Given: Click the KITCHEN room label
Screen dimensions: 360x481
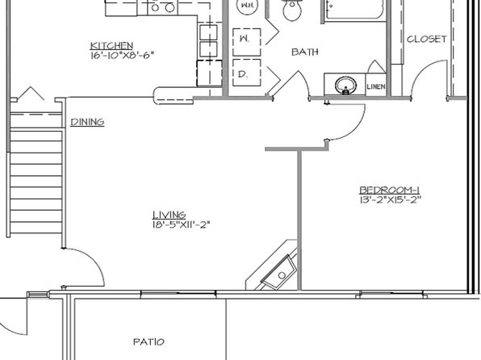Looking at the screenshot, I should click(x=111, y=45).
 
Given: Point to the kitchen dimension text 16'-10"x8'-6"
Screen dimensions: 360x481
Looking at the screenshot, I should click(x=122, y=56).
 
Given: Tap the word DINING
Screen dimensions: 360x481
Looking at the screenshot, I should click(x=87, y=123).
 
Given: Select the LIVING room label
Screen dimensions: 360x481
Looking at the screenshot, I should click(x=169, y=215).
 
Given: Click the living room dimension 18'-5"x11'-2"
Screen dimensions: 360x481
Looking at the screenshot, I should click(x=181, y=225).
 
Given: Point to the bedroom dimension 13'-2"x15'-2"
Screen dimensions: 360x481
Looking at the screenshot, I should click(x=391, y=199).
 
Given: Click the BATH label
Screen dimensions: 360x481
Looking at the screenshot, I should click(x=304, y=52).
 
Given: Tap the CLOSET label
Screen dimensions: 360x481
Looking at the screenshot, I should click(x=427, y=40).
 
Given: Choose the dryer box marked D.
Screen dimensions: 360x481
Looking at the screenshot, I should click(x=244, y=75).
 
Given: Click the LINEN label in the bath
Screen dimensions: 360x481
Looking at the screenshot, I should click(x=375, y=86).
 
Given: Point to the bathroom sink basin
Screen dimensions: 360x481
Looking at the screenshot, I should click(x=345, y=84).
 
